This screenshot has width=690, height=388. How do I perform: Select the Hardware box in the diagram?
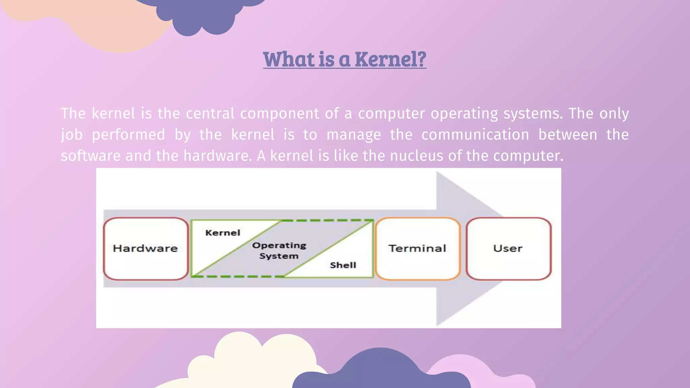(146, 249)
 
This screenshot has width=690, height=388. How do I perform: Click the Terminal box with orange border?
(417, 249)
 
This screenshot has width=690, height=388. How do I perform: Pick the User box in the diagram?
(508, 249)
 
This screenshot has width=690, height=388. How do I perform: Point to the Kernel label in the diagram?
(223, 233)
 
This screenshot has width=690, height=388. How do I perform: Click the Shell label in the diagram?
(343, 265)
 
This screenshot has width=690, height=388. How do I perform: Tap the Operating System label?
(279, 251)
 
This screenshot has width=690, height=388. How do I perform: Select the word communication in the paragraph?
(475, 135)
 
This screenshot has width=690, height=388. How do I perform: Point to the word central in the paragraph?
(210, 114)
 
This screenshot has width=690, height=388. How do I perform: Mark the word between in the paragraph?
(567, 135)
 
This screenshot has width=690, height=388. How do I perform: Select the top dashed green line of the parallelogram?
(327, 220)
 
